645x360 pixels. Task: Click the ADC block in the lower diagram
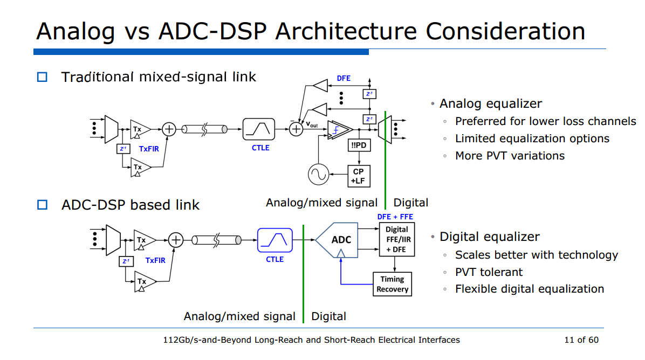[337, 240]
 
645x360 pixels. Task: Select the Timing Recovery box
[393, 284]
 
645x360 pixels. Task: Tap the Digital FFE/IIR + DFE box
[396, 240]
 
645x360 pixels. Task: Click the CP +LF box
[359, 176]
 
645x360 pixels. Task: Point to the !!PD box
[359, 145]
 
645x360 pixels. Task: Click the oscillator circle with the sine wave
[318, 174]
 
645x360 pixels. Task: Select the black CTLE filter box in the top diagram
[259, 129]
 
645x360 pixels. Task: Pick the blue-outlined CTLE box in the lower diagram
[275, 240]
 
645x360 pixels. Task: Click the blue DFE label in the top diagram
[344, 79]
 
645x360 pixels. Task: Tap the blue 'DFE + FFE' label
[395, 217]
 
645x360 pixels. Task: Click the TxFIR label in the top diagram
[149, 149]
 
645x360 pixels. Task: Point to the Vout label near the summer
[312, 124]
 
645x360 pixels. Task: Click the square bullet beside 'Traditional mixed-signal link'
[43, 77]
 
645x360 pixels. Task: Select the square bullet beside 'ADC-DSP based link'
[43, 205]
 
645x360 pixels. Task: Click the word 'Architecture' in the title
[346, 31]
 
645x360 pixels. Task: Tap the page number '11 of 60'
[581, 340]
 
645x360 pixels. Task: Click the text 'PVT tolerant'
[489, 272]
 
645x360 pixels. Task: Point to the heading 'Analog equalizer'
[491, 103]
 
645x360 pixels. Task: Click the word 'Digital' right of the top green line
[410, 203]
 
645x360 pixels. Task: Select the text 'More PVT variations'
[510, 156]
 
